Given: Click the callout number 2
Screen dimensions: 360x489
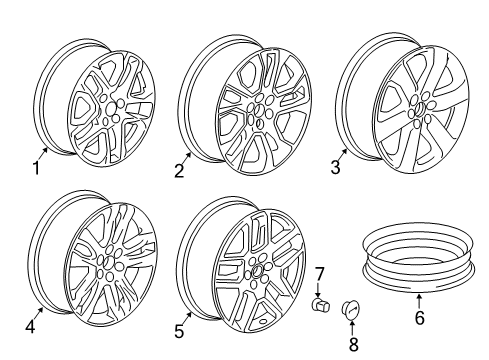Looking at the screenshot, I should point(179,171).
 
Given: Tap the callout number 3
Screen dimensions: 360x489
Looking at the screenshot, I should point(336,168).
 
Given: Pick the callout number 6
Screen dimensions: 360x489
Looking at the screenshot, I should point(420,319).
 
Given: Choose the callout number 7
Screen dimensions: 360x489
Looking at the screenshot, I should point(321,273).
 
